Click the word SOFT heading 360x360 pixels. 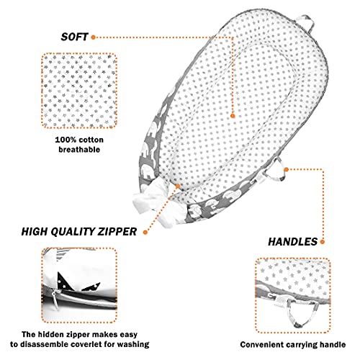click(74, 37)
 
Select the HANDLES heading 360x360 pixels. click(293, 242)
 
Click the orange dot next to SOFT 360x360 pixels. click(94, 37)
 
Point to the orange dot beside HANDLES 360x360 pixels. click(323, 242)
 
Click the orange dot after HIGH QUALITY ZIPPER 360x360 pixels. click(145, 232)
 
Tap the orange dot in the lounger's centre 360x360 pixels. click(233, 116)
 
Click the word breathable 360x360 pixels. click(79, 150)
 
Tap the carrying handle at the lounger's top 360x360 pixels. click(307, 24)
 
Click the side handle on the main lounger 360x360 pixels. click(275, 171)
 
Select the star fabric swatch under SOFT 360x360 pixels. click(79, 91)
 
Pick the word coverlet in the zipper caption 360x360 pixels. click(87, 344)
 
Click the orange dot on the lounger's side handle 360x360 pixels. click(286, 169)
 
